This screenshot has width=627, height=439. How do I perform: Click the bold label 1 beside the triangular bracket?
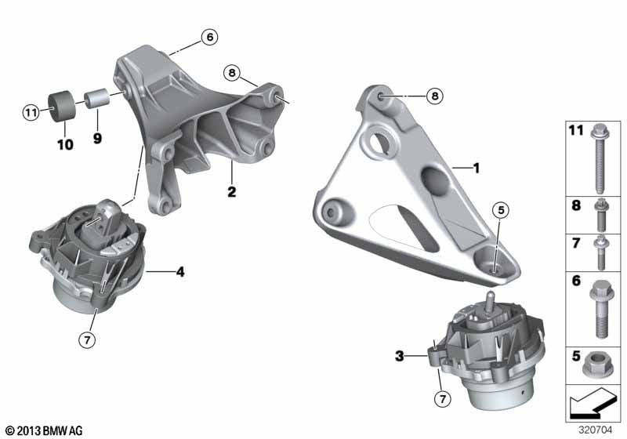(x=476, y=168)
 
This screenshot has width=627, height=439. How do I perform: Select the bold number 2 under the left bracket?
(x=231, y=191)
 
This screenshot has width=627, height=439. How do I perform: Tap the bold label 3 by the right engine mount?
(x=400, y=355)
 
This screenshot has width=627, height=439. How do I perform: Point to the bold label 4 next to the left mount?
(x=180, y=272)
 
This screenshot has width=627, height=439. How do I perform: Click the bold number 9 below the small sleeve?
(x=97, y=138)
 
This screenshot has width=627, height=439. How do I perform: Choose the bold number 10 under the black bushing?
(x=66, y=144)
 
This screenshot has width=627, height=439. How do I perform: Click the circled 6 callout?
(x=209, y=37)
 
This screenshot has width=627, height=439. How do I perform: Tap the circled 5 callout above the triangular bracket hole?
(x=502, y=210)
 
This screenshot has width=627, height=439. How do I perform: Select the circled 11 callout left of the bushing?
(x=31, y=112)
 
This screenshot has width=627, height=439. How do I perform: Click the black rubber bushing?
(x=63, y=106)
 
